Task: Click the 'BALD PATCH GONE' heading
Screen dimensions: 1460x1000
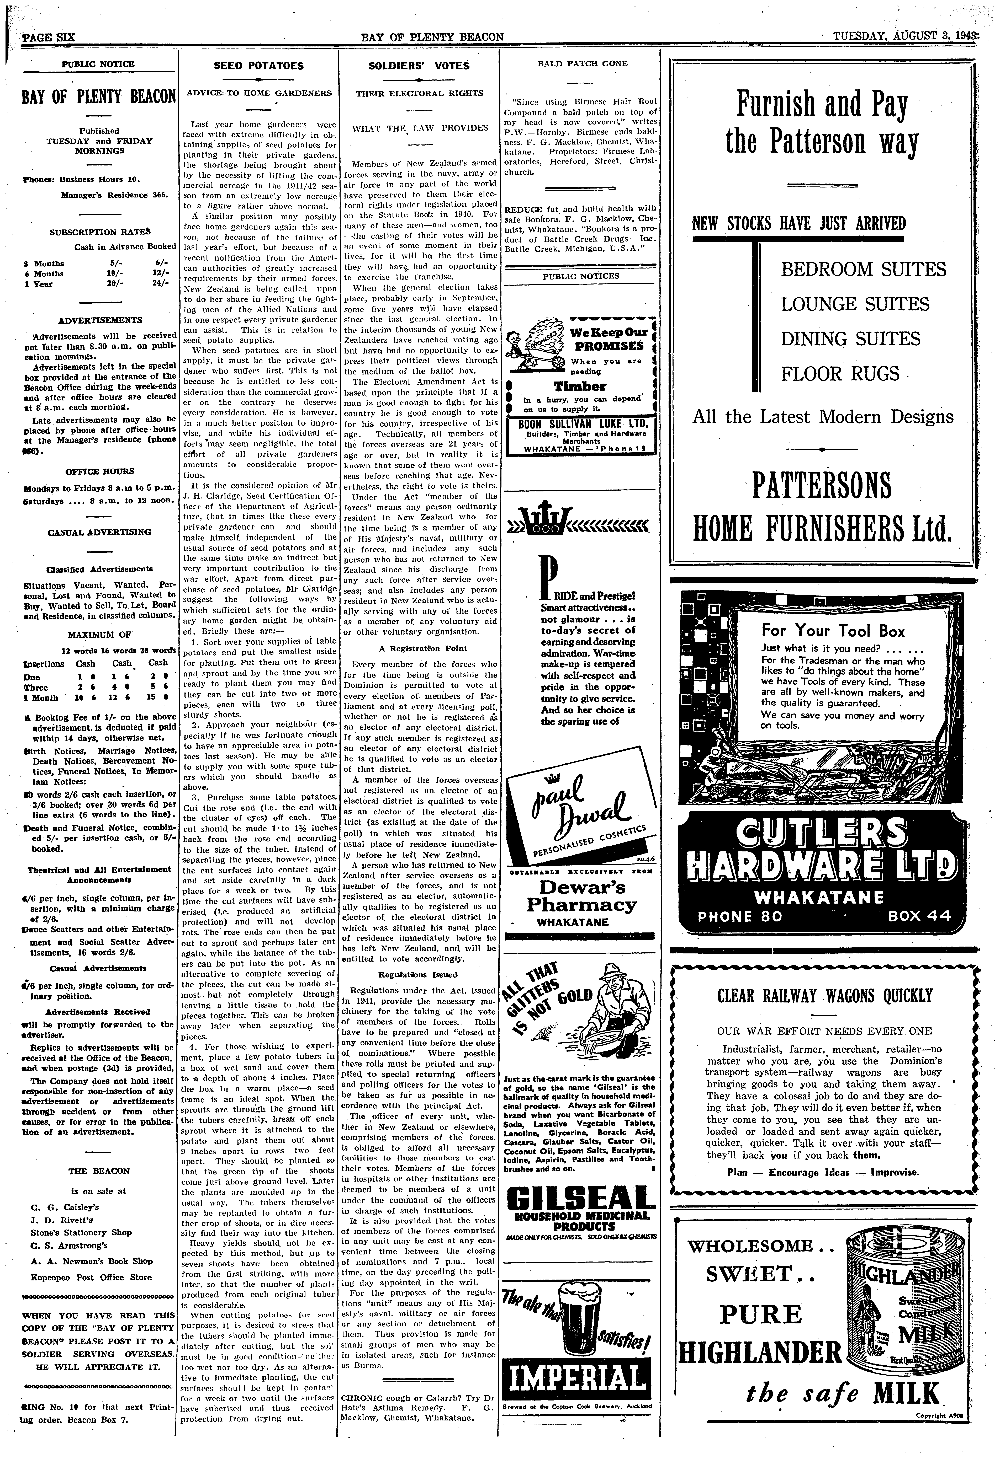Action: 582,63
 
